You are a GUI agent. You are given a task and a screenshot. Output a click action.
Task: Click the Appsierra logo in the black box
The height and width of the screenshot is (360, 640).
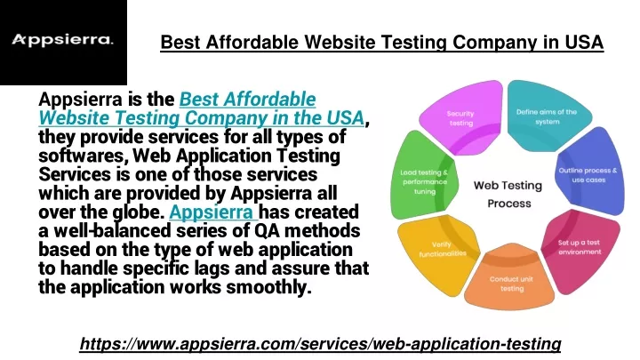(x=62, y=40)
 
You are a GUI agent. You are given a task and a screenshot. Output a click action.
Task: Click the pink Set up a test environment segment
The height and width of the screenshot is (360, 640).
(x=580, y=249)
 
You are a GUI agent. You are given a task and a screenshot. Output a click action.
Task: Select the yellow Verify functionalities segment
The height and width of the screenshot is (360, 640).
(x=439, y=251)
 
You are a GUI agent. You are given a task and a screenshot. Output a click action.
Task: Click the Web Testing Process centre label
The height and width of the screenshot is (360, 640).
(x=508, y=195)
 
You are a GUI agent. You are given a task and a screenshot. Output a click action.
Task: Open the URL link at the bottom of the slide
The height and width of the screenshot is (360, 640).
(x=320, y=344)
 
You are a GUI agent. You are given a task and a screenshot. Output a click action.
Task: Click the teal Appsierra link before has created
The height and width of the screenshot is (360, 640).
(x=212, y=212)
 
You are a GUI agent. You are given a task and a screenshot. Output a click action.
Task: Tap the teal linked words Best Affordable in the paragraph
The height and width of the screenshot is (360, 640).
(x=247, y=100)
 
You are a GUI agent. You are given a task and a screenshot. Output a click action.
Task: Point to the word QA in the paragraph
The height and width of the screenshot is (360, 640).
(x=267, y=231)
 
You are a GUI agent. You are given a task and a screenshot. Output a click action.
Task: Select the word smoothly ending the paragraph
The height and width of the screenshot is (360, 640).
(x=268, y=287)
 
